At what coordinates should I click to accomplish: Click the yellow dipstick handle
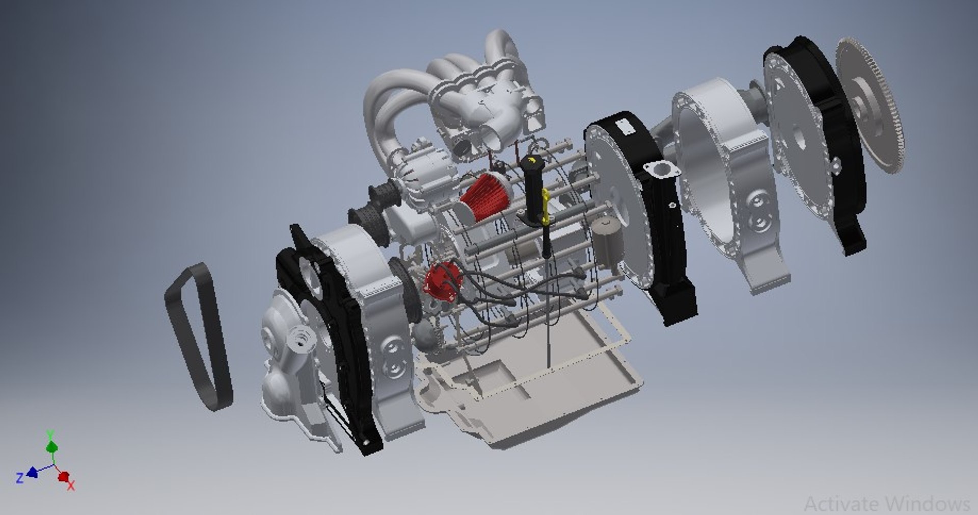pyautogui.click(x=545, y=206)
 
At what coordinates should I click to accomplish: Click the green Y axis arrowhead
pyautogui.click(x=51, y=447)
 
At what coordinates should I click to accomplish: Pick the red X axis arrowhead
pyautogui.click(x=64, y=477)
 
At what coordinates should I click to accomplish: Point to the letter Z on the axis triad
pyautogui.click(x=19, y=478)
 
